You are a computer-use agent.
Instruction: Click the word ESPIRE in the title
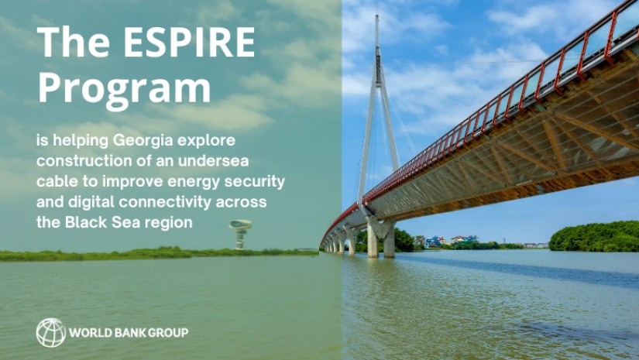point(189,42)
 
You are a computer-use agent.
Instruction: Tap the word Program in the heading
point(125,87)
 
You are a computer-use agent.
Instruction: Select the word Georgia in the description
point(143,141)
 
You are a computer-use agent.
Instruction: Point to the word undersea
point(213,161)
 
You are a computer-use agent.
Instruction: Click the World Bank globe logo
point(51,333)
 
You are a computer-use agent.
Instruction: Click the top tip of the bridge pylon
point(377,15)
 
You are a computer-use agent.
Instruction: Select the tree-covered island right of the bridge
point(594,237)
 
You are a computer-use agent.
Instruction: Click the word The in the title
point(74,42)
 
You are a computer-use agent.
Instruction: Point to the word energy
point(194,182)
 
